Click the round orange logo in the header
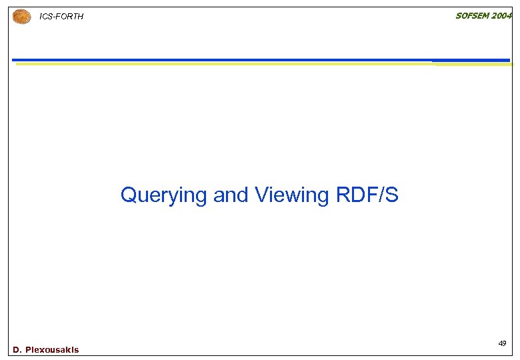(x=22, y=16)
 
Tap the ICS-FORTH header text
(x=62, y=17)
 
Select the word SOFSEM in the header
(x=471, y=16)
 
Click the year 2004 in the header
(x=501, y=16)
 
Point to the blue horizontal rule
(x=260, y=60)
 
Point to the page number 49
(x=501, y=343)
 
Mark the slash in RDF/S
(x=381, y=195)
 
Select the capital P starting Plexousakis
(x=28, y=350)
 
